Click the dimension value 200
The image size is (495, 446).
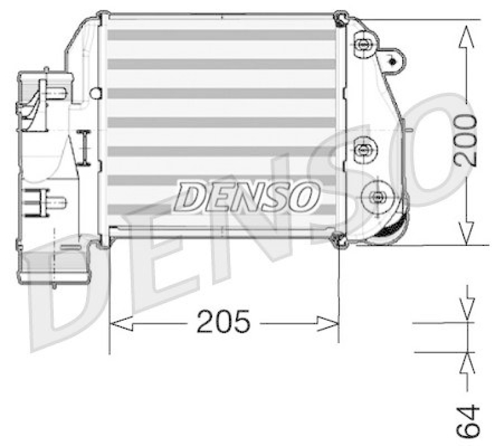tap(465, 139)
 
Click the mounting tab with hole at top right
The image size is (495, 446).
tap(391, 59)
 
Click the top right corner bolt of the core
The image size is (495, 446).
tap(339, 18)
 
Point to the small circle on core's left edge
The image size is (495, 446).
tap(95, 94)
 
